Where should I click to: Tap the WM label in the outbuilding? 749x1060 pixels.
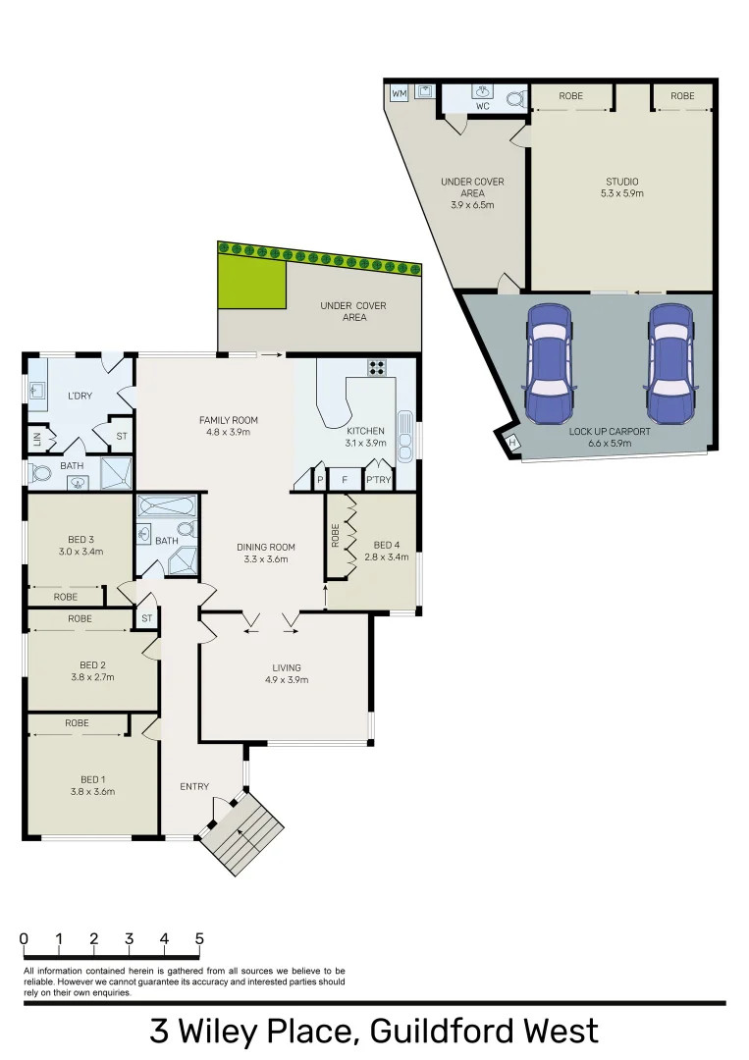tap(400, 93)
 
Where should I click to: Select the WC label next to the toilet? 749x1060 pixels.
tap(483, 105)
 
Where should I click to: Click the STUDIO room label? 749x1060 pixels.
tap(621, 182)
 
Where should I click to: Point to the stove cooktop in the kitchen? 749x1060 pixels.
tap(378, 367)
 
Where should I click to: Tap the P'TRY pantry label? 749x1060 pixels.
tap(377, 481)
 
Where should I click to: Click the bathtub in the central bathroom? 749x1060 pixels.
tap(166, 506)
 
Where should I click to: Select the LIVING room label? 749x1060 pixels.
tap(287, 668)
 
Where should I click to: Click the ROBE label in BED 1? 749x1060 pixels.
tap(77, 723)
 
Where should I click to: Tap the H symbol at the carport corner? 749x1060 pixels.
tap(511, 444)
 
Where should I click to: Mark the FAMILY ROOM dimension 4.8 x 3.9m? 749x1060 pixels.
tap(228, 432)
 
